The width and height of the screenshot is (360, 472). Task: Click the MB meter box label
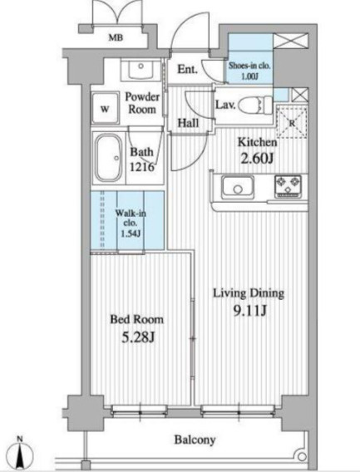(116, 38)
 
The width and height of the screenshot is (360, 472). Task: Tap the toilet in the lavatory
(255, 105)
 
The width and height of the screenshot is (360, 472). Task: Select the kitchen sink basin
(238, 186)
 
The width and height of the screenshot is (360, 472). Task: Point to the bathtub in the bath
(108, 158)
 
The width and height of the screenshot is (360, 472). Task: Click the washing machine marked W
(105, 108)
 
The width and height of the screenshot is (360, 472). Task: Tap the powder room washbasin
(141, 70)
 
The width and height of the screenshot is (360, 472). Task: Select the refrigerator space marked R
(292, 122)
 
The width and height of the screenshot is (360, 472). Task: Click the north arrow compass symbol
(20, 454)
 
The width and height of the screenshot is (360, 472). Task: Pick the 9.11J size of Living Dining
(250, 312)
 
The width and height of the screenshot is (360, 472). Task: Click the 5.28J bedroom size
(138, 337)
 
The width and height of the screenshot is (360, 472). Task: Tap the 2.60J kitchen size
(257, 159)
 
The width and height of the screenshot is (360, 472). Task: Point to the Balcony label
(195, 440)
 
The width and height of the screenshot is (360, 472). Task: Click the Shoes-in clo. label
(249, 66)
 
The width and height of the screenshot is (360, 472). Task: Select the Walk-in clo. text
(131, 218)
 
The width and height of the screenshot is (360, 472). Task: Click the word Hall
(188, 123)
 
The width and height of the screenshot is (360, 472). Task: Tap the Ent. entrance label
(187, 69)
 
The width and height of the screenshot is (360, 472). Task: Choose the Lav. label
(225, 105)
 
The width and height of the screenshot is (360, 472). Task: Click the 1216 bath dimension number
(142, 166)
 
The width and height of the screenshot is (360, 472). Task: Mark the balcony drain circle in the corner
(302, 456)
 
